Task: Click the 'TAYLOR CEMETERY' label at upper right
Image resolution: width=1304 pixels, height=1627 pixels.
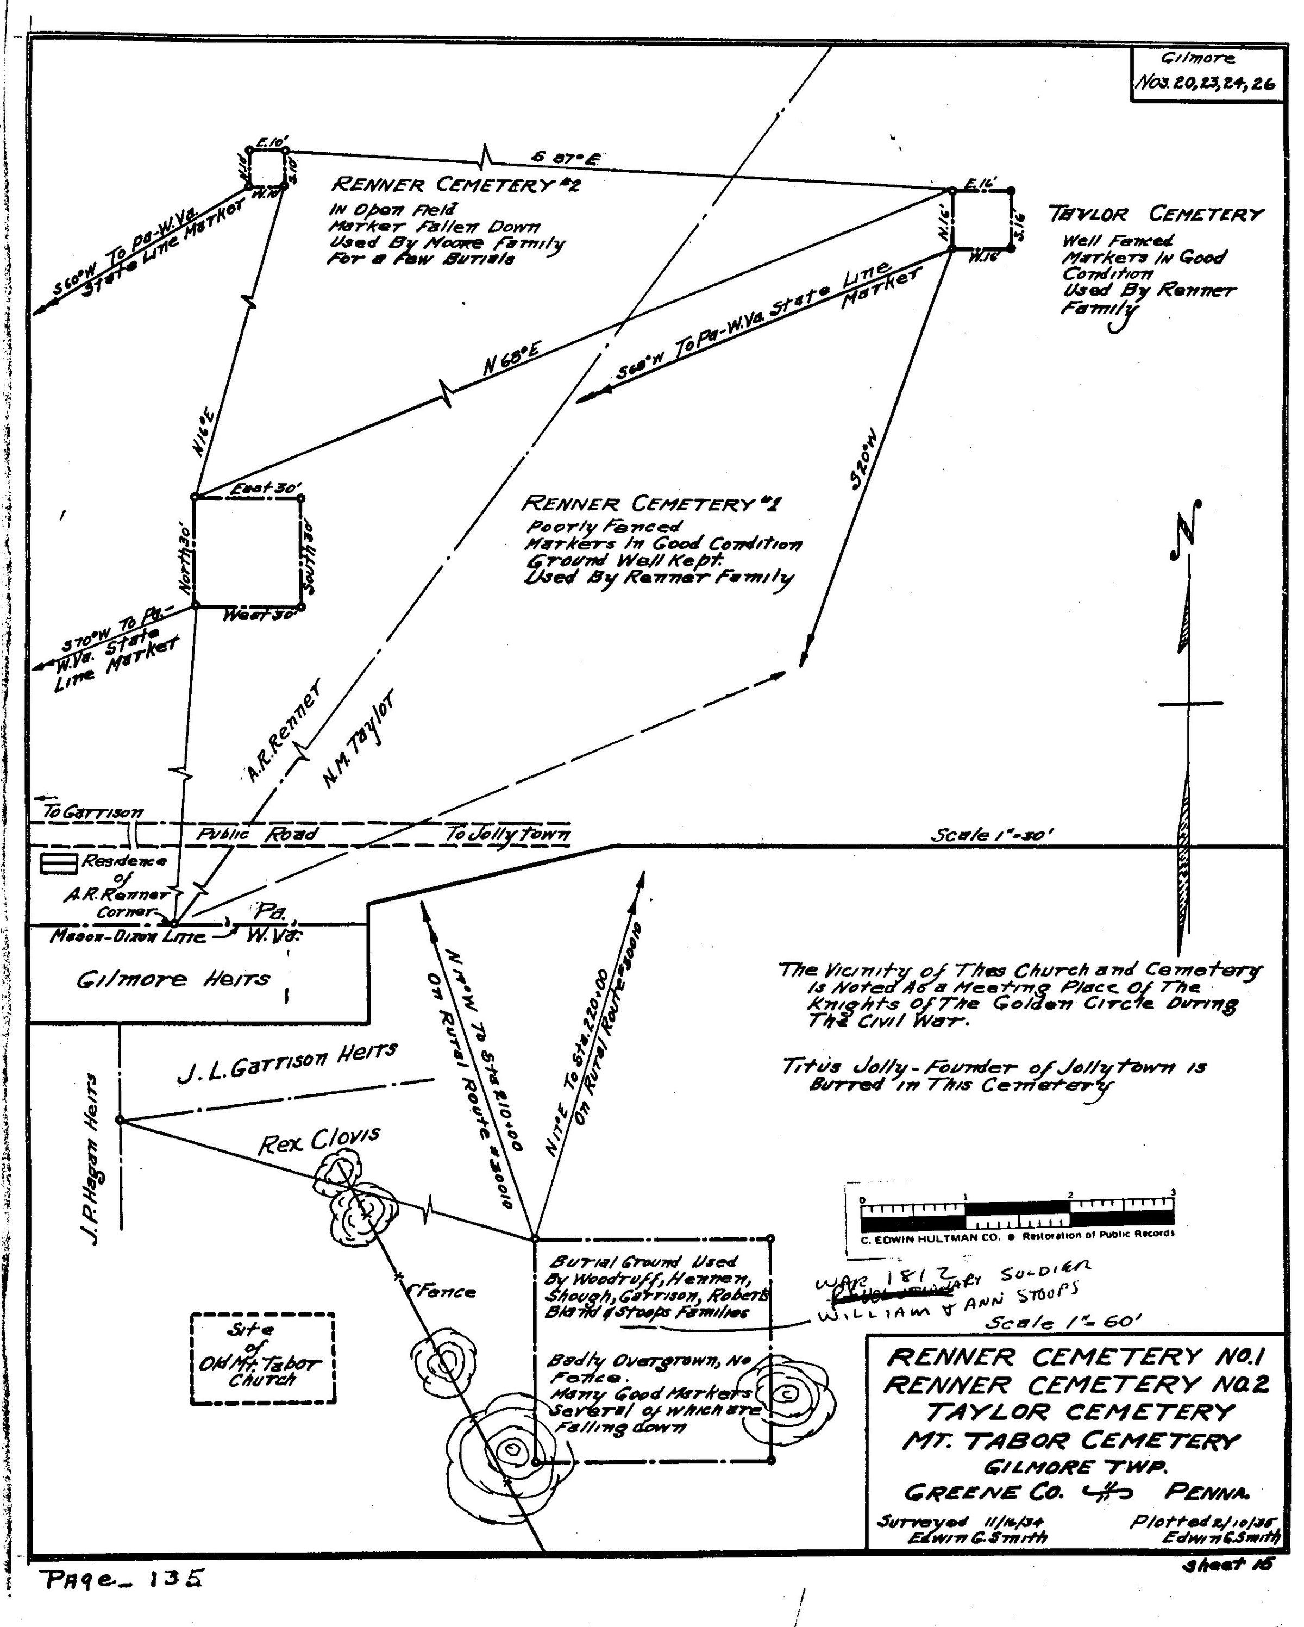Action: click(1155, 215)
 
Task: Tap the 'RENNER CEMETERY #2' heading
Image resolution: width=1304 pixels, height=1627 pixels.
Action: click(456, 185)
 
